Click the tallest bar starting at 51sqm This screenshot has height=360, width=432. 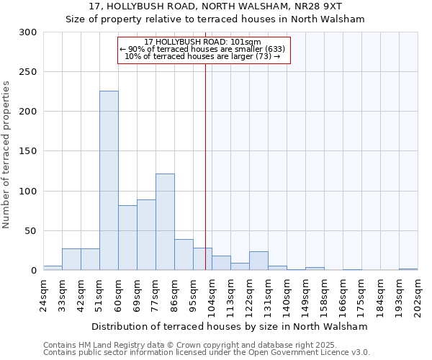[x=109, y=181]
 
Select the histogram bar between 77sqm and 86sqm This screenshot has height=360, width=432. [x=165, y=222]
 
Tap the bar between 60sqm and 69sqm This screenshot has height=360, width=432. [x=127, y=238]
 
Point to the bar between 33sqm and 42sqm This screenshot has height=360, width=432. [x=71, y=259]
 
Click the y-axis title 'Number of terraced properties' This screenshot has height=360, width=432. [x=6, y=154]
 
